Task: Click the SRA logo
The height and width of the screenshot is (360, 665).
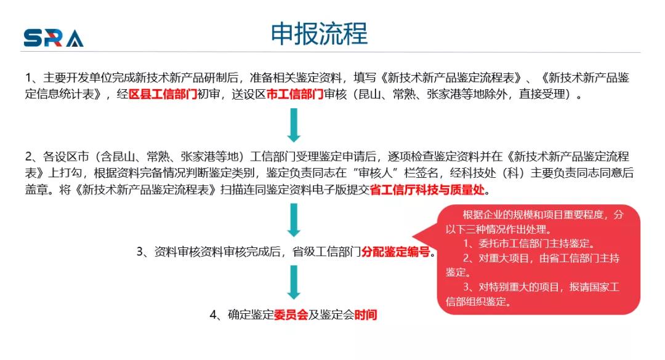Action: point(54,38)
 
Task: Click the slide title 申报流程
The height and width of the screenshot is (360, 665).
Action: point(319,33)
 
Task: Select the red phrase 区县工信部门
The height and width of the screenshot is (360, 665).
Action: point(163,94)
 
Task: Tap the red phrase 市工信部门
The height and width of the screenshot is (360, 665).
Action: point(295,94)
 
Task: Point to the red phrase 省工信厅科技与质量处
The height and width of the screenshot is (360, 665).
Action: point(427,190)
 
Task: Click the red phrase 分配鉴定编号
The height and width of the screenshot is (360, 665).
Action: point(396,252)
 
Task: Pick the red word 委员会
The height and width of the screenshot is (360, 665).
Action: point(291,314)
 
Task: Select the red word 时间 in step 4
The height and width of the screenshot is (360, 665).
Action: point(366,314)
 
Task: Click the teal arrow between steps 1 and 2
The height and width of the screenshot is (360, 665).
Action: point(294,125)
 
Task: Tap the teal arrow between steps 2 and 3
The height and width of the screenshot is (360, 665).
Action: point(294,220)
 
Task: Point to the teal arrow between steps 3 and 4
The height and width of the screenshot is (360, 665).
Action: point(294,282)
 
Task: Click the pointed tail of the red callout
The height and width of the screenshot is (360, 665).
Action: point(413,237)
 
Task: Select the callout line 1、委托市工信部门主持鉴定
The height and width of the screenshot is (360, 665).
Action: point(528,244)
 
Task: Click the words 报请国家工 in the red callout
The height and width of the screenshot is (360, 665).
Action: point(594,287)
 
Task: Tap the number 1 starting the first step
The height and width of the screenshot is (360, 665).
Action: point(28,78)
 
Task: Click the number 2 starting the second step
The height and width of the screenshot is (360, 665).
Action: point(28,157)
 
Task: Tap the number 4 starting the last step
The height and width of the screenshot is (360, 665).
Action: point(213,314)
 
